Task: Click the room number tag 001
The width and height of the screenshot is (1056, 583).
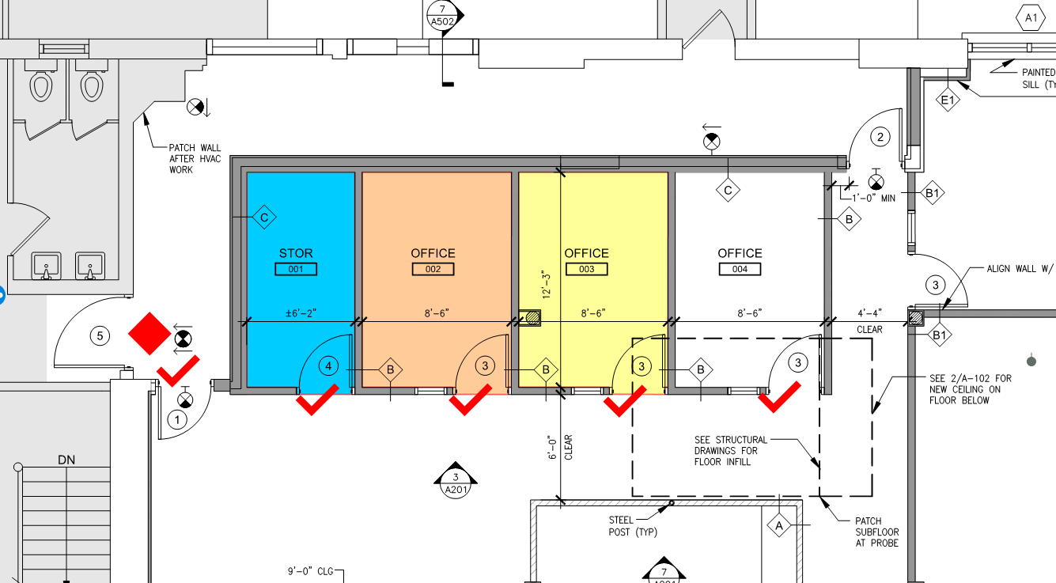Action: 296,269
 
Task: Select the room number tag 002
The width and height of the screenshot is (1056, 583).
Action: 433,269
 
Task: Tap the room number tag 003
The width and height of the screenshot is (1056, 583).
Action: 586,269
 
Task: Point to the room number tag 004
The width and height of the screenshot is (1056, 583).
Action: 740,269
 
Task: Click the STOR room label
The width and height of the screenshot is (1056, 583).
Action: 296,253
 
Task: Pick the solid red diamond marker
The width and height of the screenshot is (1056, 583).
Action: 150,333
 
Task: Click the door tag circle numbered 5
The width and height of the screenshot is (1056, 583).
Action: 100,336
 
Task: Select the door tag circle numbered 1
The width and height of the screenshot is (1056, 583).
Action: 177,419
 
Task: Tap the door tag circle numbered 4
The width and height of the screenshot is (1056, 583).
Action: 328,365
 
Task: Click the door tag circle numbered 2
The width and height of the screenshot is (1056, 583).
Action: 880,137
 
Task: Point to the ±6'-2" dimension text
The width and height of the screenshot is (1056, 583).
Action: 301,313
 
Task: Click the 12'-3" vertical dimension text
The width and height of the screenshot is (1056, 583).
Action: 547,284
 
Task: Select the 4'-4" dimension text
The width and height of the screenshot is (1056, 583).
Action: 870,313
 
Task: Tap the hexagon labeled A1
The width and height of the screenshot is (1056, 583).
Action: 1031,18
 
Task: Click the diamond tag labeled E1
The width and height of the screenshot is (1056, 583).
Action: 948,100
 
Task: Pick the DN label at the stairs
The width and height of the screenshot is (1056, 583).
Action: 66,460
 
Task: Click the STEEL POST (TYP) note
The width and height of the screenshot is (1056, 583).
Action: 633,526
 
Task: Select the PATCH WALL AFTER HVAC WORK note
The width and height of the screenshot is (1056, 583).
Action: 195,159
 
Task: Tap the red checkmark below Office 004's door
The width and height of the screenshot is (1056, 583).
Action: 779,397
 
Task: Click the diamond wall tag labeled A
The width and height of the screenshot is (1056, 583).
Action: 779,525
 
